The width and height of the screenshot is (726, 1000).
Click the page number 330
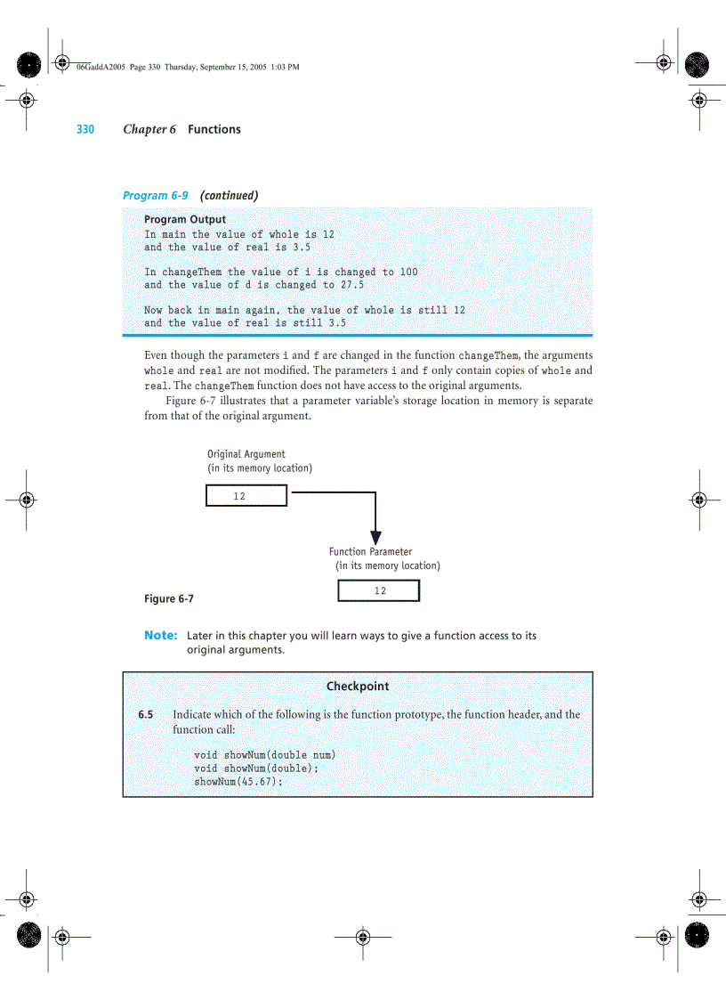coord(85,129)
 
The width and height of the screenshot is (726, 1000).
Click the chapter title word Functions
coord(214,129)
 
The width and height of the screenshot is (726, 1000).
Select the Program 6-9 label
coord(155,195)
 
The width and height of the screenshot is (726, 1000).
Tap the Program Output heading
coord(185,219)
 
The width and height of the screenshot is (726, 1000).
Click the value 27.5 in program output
coord(352,285)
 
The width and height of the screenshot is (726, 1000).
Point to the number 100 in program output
coord(407,272)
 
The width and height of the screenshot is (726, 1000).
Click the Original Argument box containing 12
coord(246,496)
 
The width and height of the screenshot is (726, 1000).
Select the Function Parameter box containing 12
coord(379,590)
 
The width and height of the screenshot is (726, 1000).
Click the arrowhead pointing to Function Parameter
coord(375,537)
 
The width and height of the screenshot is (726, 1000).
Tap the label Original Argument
coord(246,454)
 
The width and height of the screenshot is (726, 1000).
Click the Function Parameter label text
coord(370,552)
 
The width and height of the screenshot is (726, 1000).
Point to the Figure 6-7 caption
coord(169,598)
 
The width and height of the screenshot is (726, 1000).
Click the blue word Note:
coord(161,636)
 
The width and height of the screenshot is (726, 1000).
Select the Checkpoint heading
coord(358,687)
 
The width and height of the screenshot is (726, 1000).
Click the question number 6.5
coord(145,714)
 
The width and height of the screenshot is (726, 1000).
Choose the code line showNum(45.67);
coord(238,781)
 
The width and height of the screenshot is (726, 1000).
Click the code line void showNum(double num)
coord(264,755)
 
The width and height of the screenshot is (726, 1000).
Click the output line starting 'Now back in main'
coord(304,310)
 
